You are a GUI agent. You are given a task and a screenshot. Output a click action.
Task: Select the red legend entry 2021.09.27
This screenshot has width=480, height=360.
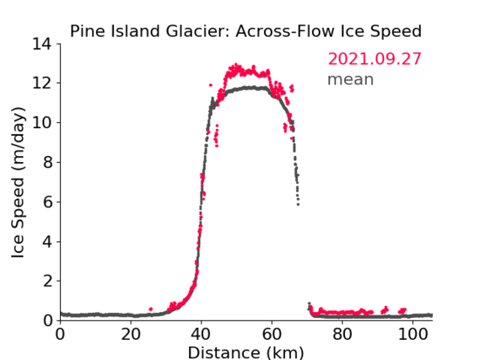pos(375,59)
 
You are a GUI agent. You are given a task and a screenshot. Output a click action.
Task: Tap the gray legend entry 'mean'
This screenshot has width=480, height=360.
pos(351,79)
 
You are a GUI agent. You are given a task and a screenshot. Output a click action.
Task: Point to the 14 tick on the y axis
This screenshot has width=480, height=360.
pos(41,45)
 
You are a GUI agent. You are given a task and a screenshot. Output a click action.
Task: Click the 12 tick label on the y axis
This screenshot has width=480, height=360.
pos(41,83)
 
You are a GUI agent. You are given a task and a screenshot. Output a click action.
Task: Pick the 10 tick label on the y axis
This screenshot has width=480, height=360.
pos(41,123)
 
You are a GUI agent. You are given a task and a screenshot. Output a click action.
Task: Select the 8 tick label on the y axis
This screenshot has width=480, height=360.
pos(47,163)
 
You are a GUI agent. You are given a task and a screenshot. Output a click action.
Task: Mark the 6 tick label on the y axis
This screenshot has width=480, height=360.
pos(47,202)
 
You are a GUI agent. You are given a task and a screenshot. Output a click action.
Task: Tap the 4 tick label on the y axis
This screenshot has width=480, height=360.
pos(47,242)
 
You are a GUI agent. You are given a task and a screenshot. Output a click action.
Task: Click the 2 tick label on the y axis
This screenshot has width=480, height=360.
pos(47,281)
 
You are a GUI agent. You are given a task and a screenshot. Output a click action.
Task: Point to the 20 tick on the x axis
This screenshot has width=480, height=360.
pos(131,335)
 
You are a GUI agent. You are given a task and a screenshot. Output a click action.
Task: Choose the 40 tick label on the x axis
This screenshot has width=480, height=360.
pos(201,335)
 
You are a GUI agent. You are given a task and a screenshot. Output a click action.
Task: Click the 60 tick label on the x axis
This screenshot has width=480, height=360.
pos(272,335)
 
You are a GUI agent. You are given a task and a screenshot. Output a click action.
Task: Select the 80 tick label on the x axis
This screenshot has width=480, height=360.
pos(342,335)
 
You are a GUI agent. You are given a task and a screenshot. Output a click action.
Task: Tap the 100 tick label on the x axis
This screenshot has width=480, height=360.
pos(413,335)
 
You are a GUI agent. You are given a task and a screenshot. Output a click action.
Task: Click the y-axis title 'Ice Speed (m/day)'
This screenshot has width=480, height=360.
pos(18,182)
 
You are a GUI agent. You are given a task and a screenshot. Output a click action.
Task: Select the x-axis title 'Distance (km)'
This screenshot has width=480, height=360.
pos(245,352)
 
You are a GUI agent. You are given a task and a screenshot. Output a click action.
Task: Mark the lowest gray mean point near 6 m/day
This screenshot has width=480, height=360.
pos(298,204)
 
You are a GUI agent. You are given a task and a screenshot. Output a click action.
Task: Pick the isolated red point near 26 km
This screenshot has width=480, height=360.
pos(150,309)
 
